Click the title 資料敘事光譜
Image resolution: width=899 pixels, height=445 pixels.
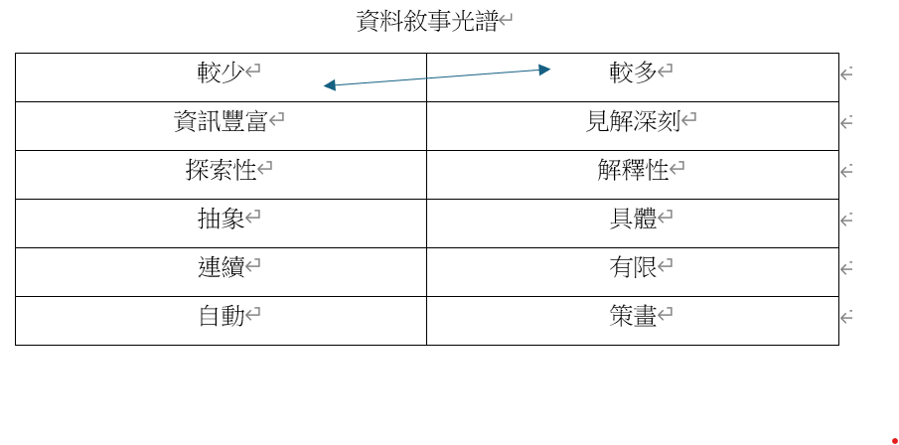coord(426,21)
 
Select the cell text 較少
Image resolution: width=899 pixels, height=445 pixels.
coord(222,72)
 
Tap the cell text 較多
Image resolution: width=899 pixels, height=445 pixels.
coord(633,72)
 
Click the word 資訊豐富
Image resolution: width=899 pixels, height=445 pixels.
coord(222,120)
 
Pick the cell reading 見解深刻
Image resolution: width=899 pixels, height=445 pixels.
coord(633,120)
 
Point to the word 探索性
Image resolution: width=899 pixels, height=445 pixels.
coord(222,169)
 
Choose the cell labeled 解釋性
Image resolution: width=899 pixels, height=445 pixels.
coord(633,169)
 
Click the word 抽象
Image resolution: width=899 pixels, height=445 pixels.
coord(222,218)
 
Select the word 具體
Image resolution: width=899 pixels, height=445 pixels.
coord(633,218)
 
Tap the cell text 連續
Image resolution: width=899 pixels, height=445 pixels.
coord(222,266)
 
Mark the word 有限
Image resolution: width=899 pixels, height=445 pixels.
coord(633,266)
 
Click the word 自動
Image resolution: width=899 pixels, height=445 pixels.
coord(222,316)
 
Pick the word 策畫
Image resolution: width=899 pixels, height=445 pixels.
coord(633,316)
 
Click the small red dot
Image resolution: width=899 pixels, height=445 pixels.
coord(894,441)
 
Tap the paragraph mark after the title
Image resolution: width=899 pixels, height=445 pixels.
coord(505,21)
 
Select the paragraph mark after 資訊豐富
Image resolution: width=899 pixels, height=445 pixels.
coord(277,119)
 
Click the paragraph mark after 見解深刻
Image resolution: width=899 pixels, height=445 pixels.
coord(688,119)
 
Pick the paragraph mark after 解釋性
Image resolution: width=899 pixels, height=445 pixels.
coord(677,168)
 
